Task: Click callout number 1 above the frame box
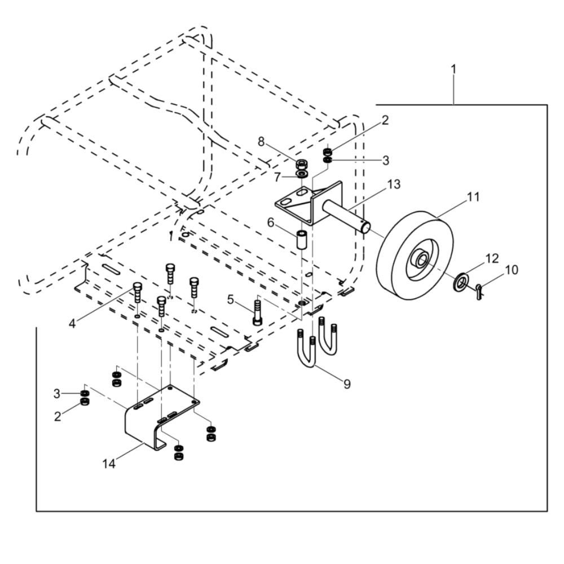[x=453, y=69]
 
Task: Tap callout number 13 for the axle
[x=393, y=184]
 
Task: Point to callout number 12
[x=492, y=258]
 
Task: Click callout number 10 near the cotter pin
[x=511, y=270]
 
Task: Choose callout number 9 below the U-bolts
[x=347, y=384]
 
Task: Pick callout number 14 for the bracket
[x=109, y=464]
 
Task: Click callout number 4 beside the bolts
[x=72, y=323]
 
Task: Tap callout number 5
[x=231, y=299]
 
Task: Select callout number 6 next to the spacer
[x=271, y=223]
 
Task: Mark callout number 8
[x=261, y=142]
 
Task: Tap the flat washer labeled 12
[x=461, y=281]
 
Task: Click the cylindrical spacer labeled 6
[x=302, y=238]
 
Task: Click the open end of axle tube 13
[x=366, y=227]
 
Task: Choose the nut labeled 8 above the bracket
[x=302, y=164]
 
